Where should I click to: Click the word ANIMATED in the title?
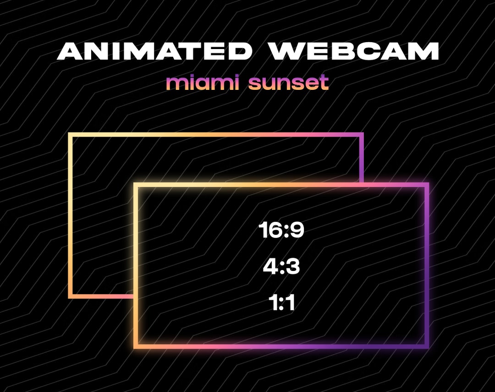point(154,51)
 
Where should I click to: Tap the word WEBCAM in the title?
point(353,51)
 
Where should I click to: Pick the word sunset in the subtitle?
point(288,83)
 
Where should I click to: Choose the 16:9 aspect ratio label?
point(281,230)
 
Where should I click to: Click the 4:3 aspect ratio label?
point(281,267)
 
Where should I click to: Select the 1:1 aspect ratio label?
point(281,303)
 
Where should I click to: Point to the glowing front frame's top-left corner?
point(136,185)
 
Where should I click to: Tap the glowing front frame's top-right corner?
point(427,185)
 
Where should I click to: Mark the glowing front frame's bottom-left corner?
point(136,346)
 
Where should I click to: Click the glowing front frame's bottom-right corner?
point(427,346)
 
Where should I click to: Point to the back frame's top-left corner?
point(71,135)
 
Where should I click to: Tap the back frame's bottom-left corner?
point(71,296)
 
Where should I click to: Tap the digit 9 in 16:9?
point(297,230)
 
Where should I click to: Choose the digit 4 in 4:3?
point(269,267)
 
